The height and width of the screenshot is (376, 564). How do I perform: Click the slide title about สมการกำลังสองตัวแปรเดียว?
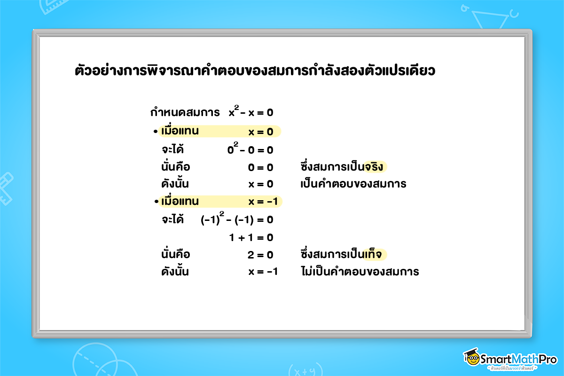(255, 71)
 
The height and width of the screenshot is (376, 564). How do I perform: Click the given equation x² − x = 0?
(251, 113)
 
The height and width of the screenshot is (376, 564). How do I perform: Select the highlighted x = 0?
(261, 132)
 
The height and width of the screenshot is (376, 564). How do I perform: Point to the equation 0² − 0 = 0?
(250, 150)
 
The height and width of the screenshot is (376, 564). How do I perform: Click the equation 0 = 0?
(260, 167)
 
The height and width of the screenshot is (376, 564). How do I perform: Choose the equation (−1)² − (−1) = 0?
(237, 219)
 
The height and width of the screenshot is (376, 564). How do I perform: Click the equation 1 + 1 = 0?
(251, 237)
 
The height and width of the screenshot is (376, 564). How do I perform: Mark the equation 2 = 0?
(260, 255)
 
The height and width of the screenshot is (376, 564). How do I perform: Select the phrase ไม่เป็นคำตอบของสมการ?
(359, 272)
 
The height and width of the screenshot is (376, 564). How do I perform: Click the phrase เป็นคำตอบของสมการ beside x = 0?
(353, 184)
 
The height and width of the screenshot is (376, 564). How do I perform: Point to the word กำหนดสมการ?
(185, 113)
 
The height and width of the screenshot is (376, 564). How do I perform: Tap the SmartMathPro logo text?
(517, 359)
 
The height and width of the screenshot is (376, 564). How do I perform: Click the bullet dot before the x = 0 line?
(156, 132)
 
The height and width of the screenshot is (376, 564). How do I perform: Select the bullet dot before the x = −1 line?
(156, 202)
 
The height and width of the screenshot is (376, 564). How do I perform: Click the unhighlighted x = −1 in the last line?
(263, 272)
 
